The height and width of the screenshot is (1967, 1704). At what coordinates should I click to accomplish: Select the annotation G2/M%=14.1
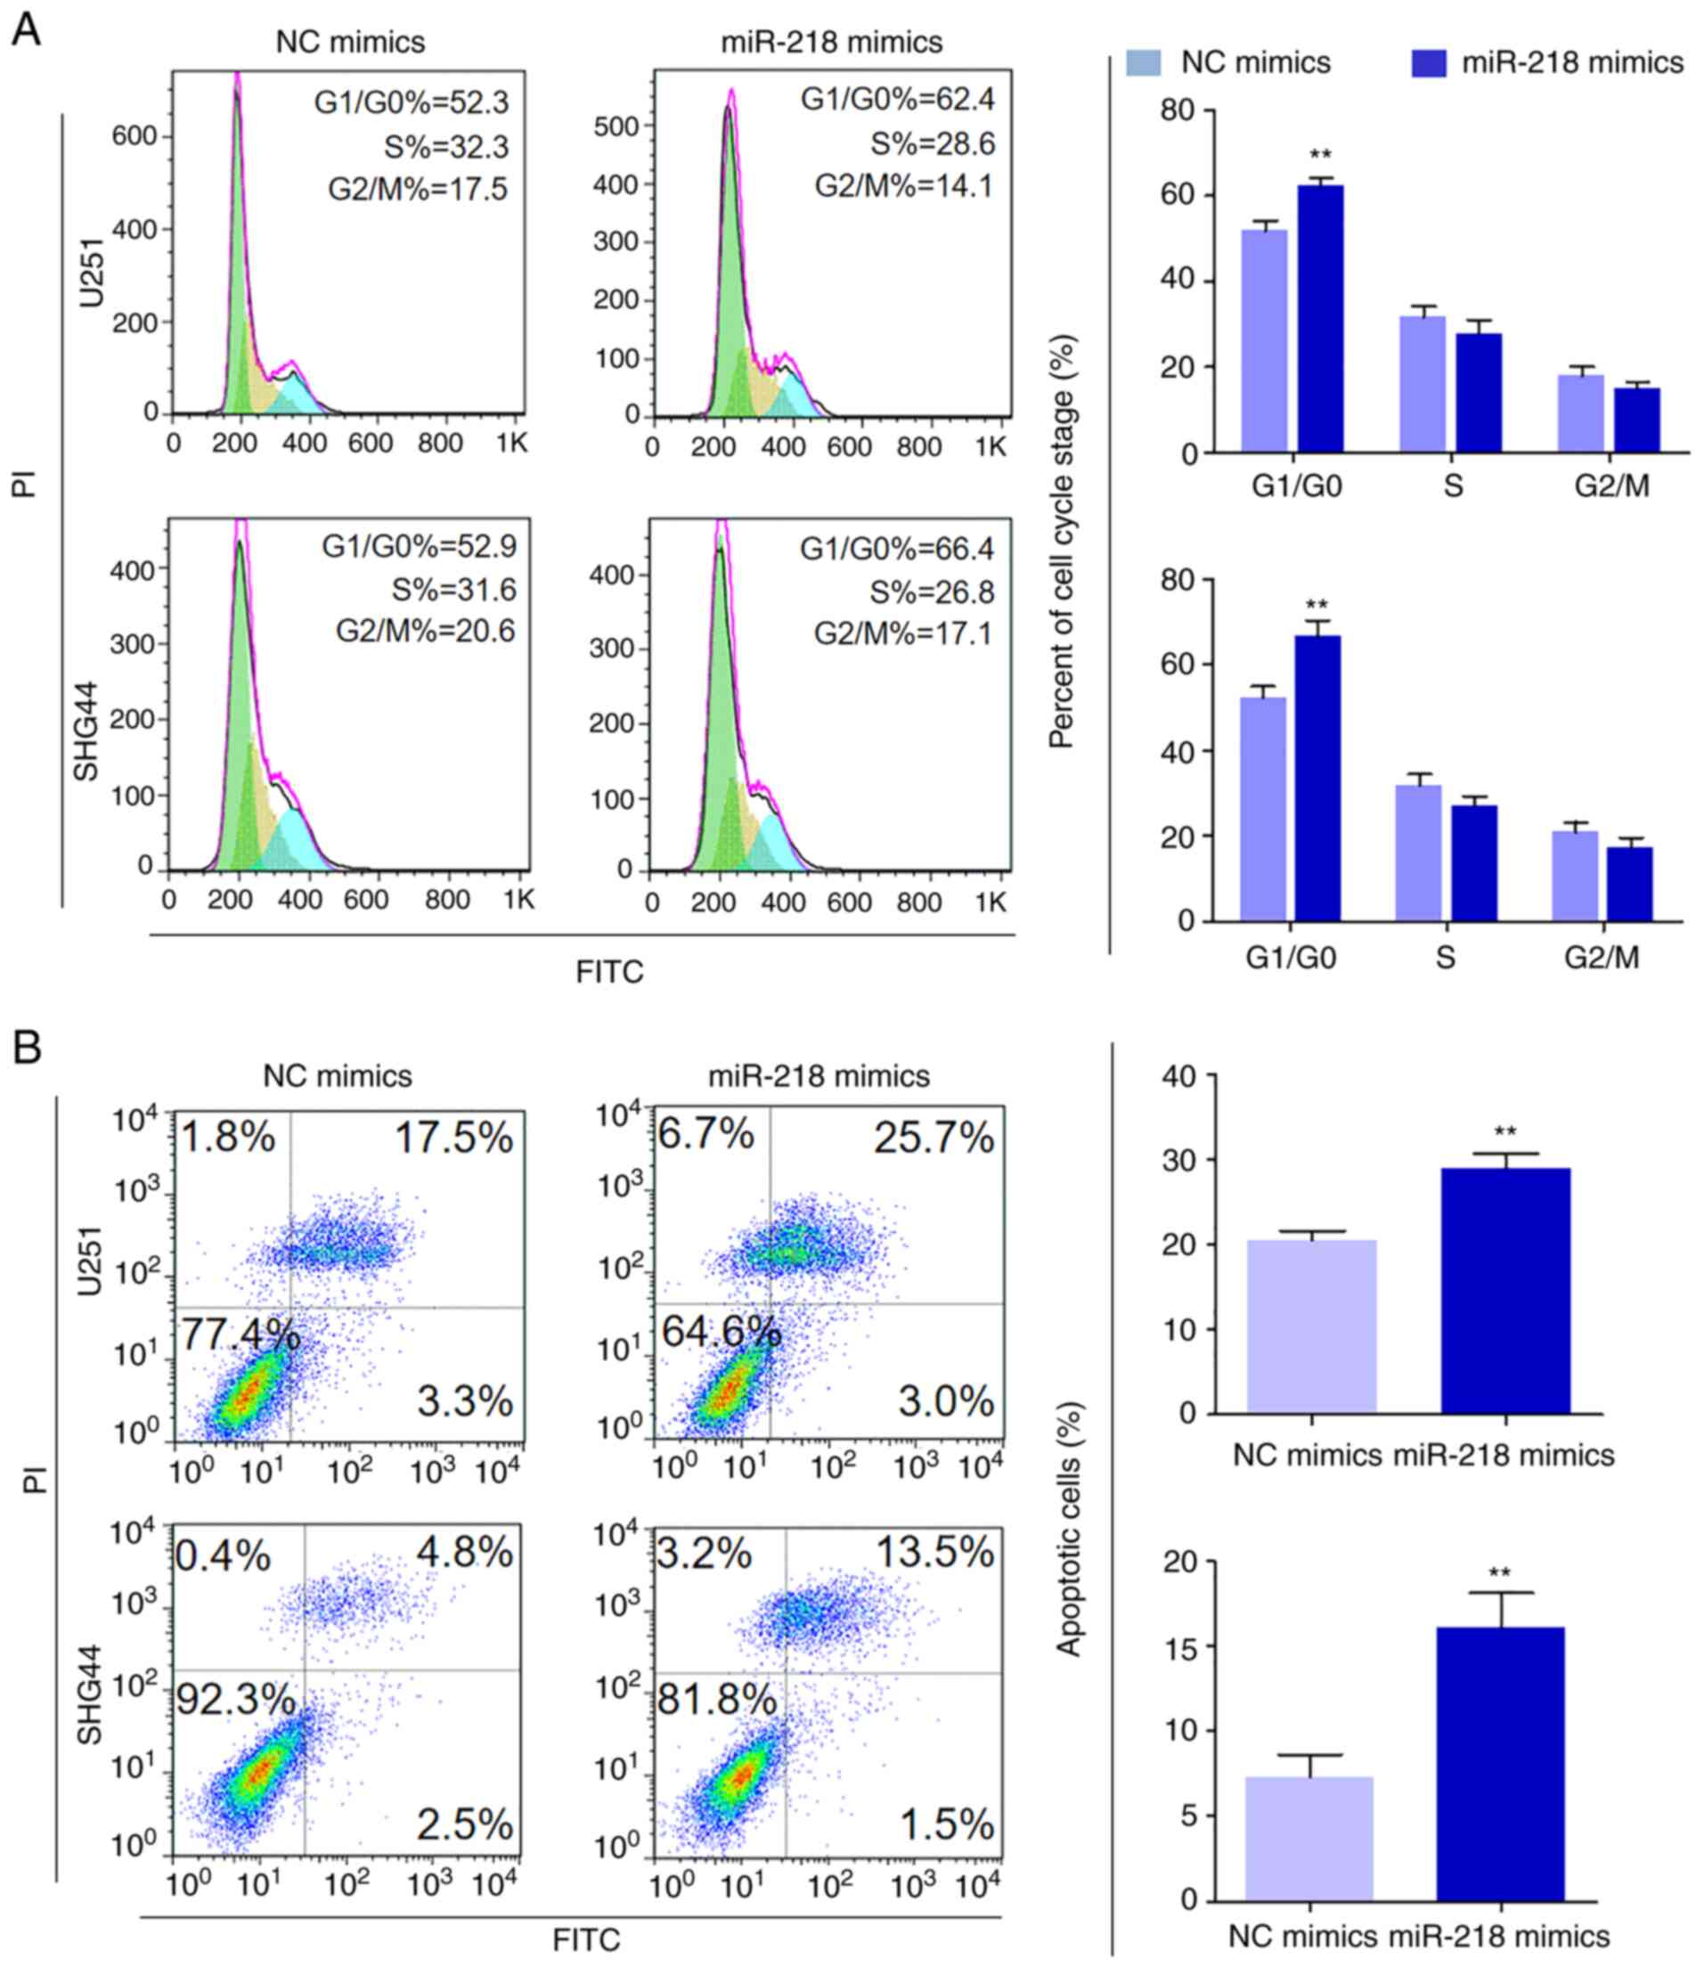pyautogui.click(x=903, y=185)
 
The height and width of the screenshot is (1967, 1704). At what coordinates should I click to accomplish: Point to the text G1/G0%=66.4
pyautogui.click(x=897, y=549)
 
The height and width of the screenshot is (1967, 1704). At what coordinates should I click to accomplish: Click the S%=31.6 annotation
pyautogui.click(x=453, y=590)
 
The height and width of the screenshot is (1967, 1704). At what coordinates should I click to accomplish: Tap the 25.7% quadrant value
pyautogui.click(x=934, y=1138)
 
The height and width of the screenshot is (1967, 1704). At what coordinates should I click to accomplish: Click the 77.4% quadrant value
pyautogui.click(x=241, y=1335)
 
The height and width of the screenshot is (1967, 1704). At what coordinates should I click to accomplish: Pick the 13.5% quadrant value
pyautogui.click(x=934, y=1554)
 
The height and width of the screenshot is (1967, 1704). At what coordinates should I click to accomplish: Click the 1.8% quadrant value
pyautogui.click(x=227, y=1137)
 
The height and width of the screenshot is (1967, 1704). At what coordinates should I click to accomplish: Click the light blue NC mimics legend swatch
pyautogui.click(x=1143, y=62)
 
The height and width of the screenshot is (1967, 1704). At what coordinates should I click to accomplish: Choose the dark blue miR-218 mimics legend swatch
pyautogui.click(x=1428, y=62)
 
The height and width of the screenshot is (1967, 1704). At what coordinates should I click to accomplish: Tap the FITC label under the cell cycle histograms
pyautogui.click(x=609, y=972)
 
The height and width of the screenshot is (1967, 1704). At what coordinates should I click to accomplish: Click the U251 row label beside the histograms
pyautogui.click(x=93, y=275)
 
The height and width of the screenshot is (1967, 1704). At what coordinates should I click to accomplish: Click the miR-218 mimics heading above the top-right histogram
pyautogui.click(x=831, y=42)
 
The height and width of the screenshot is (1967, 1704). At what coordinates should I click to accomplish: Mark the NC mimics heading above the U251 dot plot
pyautogui.click(x=338, y=1076)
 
